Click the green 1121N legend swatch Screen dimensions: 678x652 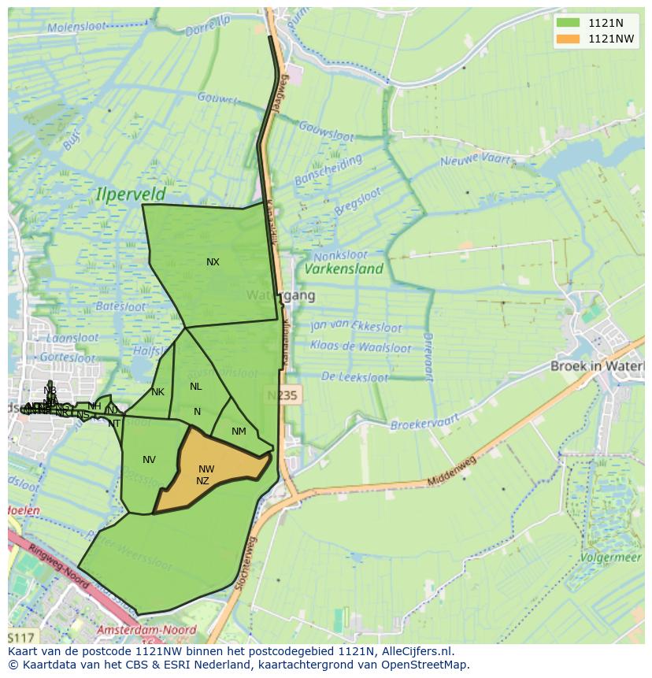567,22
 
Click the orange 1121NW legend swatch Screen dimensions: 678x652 567,39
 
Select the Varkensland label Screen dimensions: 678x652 344,269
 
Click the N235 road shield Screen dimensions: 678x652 281,395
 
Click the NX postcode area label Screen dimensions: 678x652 213,262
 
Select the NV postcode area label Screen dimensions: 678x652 149,460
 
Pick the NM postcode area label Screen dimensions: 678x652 239,432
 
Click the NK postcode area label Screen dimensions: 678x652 157,392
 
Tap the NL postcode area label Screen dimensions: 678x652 195,387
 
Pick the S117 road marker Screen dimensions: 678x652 21,636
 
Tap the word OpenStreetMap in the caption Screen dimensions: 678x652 425,665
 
